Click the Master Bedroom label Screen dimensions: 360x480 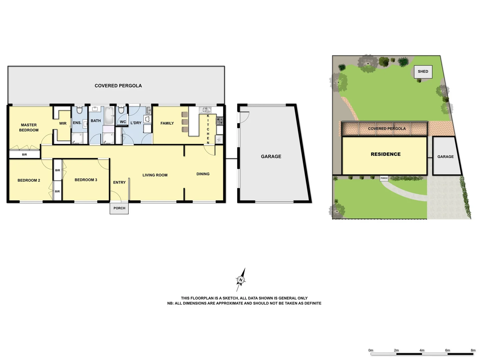tap(29, 128)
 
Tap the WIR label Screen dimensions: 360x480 tap(63, 123)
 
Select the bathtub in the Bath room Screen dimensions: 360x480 tap(109, 115)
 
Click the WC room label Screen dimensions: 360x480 tap(123, 122)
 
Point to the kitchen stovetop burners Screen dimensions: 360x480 tap(219, 121)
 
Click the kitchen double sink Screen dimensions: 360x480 tap(205, 110)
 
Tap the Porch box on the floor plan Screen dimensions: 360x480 tap(119, 208)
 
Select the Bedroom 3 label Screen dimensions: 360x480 tap(86, 180)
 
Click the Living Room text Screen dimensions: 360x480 tap(155, 175)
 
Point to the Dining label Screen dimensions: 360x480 tap(203, 174)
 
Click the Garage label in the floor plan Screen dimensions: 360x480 tap(271, 156)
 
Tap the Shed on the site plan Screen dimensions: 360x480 tap(423, 72)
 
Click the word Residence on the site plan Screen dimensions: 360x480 tap(386, 154)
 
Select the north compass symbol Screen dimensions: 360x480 tap(241, 280)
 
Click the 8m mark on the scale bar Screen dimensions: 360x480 tap(473, 350)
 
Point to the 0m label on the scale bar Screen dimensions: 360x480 tap(371, 350)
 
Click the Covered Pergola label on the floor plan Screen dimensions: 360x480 tap(118, 86)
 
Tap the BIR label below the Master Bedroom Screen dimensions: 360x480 tap(24, 155)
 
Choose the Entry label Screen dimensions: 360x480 tap(119, 182)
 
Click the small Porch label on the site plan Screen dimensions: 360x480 tap(384, 178)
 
